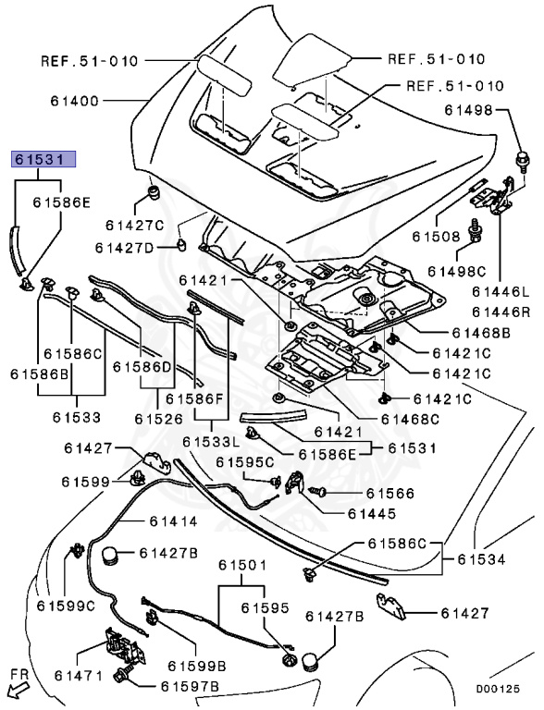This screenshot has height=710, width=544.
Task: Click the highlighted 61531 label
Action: [44, 159]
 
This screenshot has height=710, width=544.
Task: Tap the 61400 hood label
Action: [74, 101]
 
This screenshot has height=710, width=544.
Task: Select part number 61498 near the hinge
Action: [468, 110]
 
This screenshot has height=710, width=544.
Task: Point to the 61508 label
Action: [436, 237]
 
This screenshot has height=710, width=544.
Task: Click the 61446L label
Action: [500, 291]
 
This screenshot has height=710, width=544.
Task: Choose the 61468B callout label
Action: [481, 333]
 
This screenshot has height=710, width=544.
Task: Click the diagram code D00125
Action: [497, 689]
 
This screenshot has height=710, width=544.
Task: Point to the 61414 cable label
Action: [174, 521]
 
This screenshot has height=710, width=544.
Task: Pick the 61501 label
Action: [242, 565]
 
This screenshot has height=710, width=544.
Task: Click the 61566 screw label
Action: [390, 493]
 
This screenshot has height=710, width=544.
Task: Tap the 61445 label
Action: [372, 513]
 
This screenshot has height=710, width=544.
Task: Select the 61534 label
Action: [481, 559]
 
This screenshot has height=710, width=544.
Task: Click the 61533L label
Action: [211, 441]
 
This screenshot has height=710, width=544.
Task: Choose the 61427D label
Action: [124, 248]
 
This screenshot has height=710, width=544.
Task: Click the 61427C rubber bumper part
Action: [155, 193]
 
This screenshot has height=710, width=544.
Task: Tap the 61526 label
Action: [158, 419]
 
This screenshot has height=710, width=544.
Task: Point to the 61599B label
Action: [197, 666]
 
